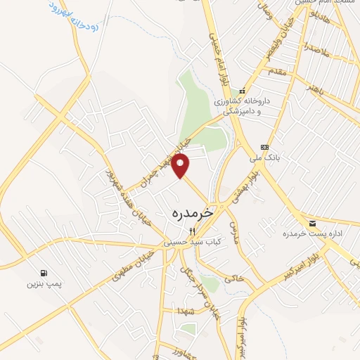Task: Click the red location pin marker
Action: pyautogui.click(x=181, y=166)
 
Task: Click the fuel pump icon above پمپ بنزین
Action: pyautogui.click(x=45, y=273)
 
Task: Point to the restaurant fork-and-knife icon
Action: pyautogui.click(x=191, y=231)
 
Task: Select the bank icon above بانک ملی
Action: pyautogui.click(x=264, y=147)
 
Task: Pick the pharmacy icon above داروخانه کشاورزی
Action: pyautogui.click(x=242, y=91)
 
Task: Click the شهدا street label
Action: pyautogui.click(x=186, y=311)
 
